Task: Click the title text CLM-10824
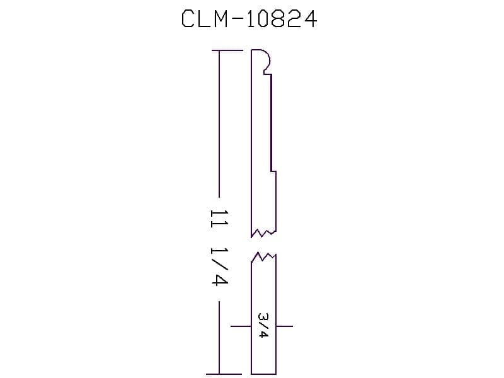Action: tap(249, 19)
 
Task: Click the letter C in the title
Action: tap(188, 19)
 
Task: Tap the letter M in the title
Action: tap(220, 19)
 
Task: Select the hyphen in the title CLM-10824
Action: tap(238, 19)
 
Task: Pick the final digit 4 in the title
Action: tap(309, 19)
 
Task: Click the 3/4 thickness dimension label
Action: tap(263, 325)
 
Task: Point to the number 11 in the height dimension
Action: tap(219, 219)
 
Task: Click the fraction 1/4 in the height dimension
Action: tap(219, 266)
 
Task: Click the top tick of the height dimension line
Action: tap(227, 50)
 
